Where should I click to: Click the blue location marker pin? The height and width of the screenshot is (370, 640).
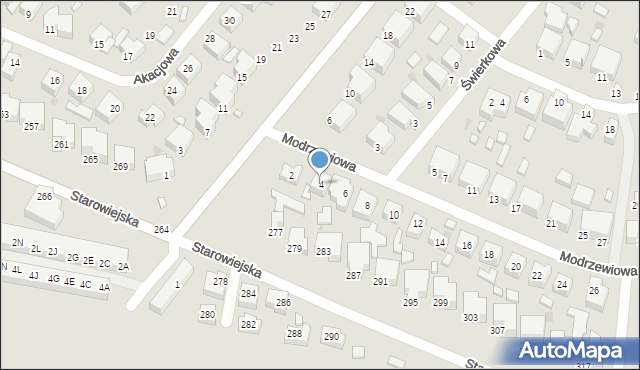[x=320, y=161]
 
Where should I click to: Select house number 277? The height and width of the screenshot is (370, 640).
[x=275, y=232]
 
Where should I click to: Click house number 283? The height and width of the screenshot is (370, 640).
[x=323, y=251]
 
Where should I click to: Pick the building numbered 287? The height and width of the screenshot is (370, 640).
[x=353, y=275]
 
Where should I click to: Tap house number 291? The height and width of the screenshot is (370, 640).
[x=380, y=282]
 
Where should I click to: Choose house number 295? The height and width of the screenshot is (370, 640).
[x=410, y=302]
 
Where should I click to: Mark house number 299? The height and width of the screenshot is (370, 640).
[x=440, y=302]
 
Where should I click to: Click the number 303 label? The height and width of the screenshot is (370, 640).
[x=470, y=318]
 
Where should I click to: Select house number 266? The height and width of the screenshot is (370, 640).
[x=44, y=196]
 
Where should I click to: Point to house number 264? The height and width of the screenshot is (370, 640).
[x=161, y=230]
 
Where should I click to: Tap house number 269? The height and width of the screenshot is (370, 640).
[x=122, y=166]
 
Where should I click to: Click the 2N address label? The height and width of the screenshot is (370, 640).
[x=18, y=243]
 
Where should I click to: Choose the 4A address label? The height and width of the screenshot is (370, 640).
[x=104, y=287]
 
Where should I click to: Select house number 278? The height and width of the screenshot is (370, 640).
[x=221, y=282]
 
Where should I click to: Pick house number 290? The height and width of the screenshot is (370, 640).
[x=331, y=337]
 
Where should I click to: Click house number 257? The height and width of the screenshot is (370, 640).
[x=32, y=126]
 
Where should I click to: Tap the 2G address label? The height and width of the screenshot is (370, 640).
[x=72, y=258]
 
